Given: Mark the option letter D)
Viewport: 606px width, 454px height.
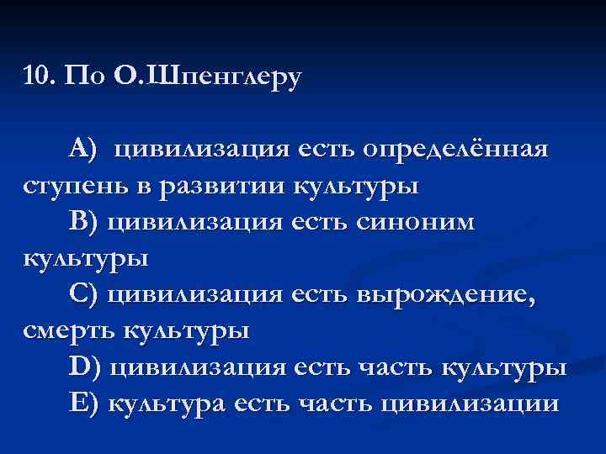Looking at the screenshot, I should [85, 367].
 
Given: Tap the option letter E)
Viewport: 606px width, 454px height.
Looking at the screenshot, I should [84, 403].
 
